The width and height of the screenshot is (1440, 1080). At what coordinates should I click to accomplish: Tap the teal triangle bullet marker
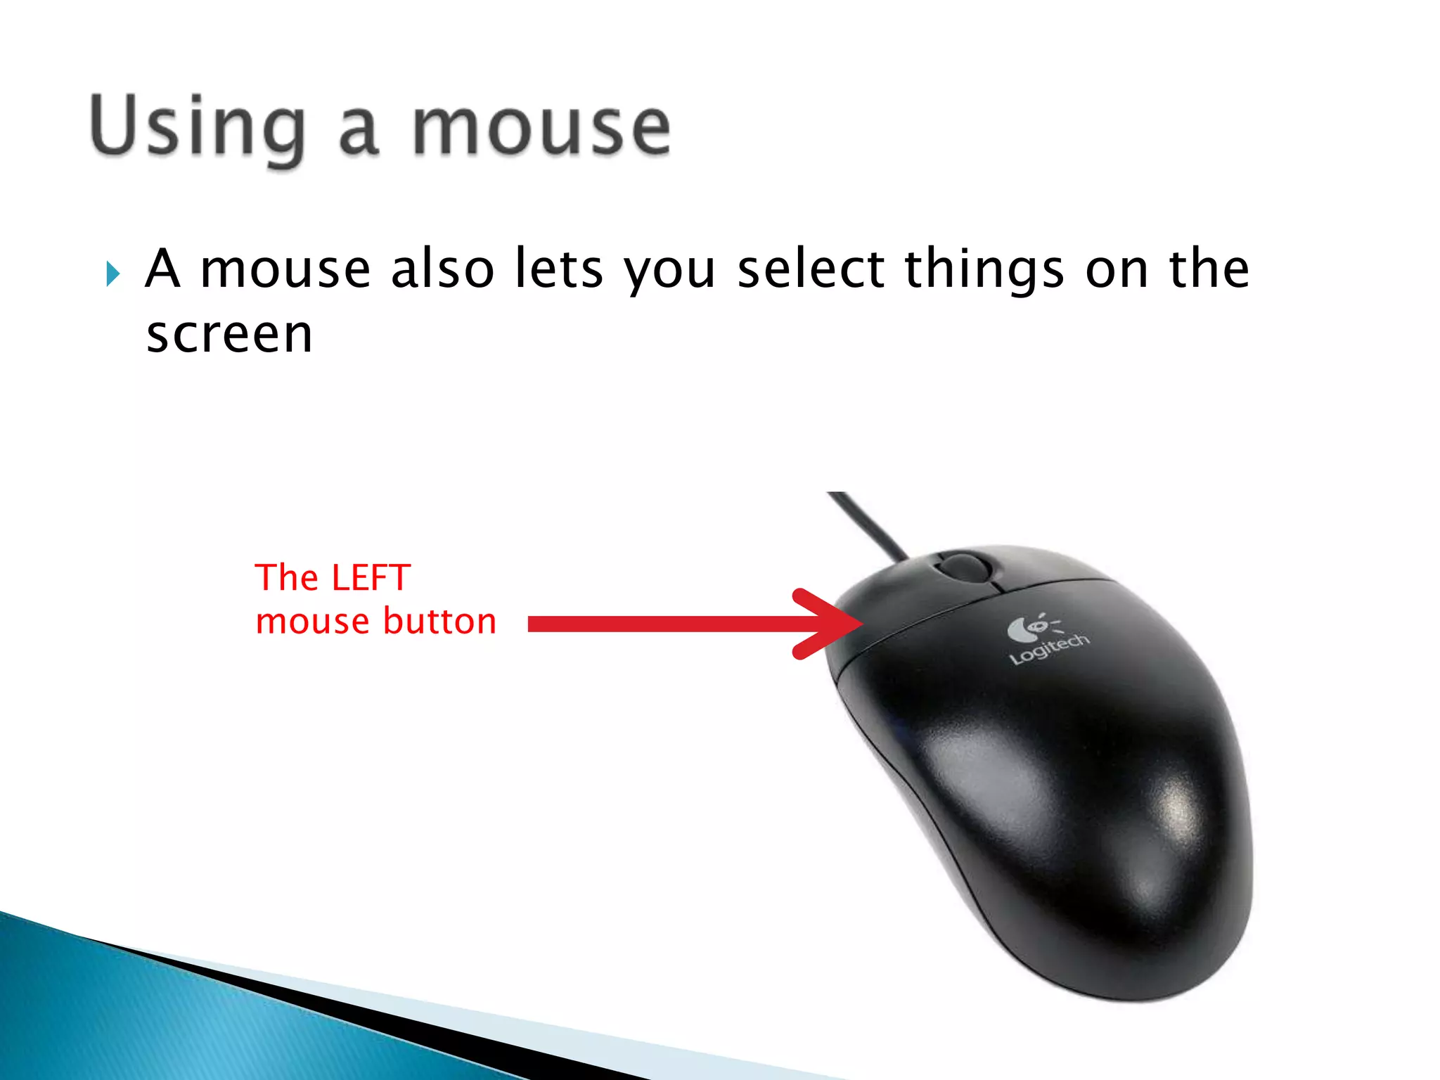click(x=112, y=274)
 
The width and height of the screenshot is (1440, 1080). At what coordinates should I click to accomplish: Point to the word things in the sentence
click(x=984, y=271)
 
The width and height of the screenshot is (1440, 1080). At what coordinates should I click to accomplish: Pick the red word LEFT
click(x=371, y=578)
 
